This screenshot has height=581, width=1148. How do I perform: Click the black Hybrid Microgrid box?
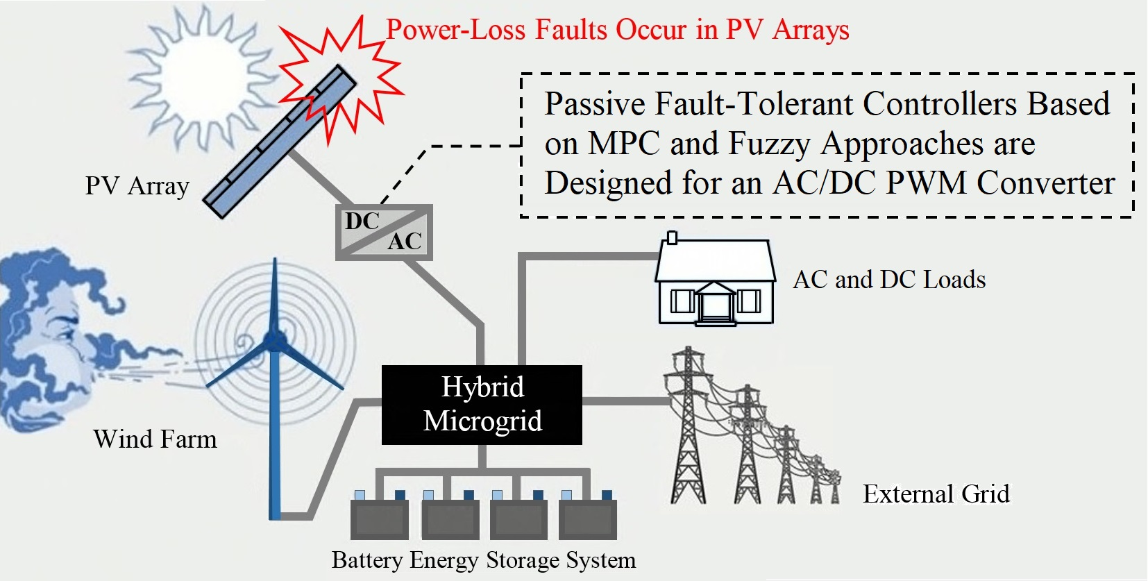click(482, 405)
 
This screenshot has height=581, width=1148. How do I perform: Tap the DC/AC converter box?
click(384, 232)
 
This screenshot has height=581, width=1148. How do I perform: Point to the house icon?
click(715, 281)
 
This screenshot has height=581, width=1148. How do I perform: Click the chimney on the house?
click(671, 237)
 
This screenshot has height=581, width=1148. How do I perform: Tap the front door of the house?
click(716, 306)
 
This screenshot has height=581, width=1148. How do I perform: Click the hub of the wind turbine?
click(275, 340)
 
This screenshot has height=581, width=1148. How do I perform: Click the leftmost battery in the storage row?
click(379, 518)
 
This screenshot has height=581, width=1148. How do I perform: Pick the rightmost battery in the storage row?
click(588, 518)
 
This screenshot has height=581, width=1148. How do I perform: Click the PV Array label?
click(137, 186)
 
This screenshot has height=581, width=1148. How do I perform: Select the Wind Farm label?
click(155, 439)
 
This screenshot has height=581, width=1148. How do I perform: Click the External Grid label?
click(936, 494)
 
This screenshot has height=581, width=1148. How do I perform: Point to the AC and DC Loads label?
click(889, 280)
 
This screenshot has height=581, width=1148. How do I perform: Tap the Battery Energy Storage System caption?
click(483, 560)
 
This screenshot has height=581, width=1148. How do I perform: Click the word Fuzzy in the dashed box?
click(769, 144)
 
